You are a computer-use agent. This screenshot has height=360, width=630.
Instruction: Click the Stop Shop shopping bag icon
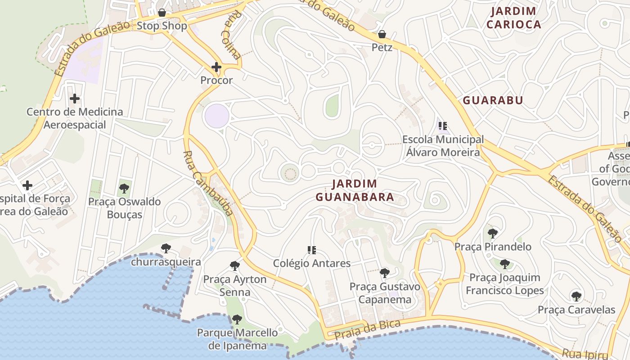[x=162, y=12]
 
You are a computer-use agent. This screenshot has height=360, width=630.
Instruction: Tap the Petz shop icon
[x=382, y=34]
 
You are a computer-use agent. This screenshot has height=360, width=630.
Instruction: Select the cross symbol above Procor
[x=216, y=67]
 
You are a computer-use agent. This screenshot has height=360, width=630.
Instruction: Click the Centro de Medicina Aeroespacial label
[x=75, y=118]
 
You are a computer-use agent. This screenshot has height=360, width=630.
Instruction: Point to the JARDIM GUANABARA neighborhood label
[x=355, y=190]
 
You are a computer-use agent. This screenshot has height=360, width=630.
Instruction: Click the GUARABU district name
[x=493, y=100]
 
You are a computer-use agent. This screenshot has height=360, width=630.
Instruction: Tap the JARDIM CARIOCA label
[x=513, y=18]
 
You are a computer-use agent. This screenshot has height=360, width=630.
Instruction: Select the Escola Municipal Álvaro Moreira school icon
[x=443, y=126]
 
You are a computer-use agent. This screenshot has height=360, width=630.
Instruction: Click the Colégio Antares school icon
[x=311, y=250]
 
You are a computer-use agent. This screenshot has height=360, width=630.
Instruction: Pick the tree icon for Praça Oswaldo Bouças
[x=124, y=188]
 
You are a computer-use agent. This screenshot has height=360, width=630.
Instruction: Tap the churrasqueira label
[x=166, y=261]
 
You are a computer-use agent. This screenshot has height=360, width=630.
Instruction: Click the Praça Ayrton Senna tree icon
[x=234, y=265]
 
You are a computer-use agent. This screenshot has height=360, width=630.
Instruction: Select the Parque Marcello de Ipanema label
[x=237, y=339]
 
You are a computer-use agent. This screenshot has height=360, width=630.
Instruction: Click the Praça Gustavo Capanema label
[x=385, y=293]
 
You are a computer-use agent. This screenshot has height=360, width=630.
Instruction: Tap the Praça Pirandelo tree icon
[x=493, y=233]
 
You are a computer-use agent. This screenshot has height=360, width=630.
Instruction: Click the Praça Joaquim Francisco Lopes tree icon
[x=505, y=264]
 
